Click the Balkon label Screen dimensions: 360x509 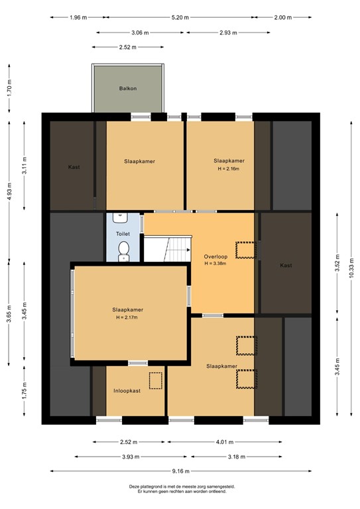[127, 88]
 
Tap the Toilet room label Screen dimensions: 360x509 [123, 234]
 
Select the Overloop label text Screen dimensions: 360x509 [215, 256]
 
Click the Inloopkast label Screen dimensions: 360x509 [127, 391]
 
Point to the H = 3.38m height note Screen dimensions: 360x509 [215, 264]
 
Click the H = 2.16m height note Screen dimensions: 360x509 [229, 169]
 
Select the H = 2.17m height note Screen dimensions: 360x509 [127, 317]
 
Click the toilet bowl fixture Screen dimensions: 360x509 [124, 251]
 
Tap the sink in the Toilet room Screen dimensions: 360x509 [121, 217]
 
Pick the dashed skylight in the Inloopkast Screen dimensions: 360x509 [156, 380]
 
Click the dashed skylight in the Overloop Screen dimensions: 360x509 [245, 250]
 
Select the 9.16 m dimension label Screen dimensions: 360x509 [180, 471]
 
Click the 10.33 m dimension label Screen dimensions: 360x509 [351, 268]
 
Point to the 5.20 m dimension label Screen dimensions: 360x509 [180, 17]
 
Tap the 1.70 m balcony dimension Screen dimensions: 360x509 [9, 87]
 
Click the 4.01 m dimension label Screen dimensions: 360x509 [225, 442]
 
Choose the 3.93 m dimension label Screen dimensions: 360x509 [131, 457]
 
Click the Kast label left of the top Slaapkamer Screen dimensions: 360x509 [74, 167]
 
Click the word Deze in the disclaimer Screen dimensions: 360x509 [134, 486]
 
